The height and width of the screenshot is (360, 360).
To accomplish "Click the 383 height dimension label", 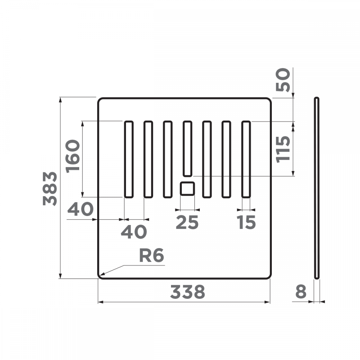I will tap(50, 188).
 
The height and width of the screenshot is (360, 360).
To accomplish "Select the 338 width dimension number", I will tap(187, 292).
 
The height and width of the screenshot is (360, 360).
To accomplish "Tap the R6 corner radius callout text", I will tap(151, 256).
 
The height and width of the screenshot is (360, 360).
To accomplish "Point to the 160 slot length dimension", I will tap(73, 157).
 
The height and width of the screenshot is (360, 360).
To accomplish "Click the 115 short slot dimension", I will tap(283, 149).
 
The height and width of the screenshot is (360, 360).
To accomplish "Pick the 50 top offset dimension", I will tap(283, 80).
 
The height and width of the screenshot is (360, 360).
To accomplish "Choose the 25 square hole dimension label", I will tap(187, 222).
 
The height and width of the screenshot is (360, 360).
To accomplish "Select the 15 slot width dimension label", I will tap(246, 222).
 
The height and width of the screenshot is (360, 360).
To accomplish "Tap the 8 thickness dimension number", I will tap(301, 292).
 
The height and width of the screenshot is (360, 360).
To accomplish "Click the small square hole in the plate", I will tap(187, 189).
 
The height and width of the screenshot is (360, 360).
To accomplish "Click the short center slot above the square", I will tap(187, 149).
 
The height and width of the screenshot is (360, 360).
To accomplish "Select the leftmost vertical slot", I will tap(129, 159).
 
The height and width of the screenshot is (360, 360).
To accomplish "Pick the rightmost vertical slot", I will tap(246, 159).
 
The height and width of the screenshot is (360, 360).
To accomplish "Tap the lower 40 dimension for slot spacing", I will tap(134, 232).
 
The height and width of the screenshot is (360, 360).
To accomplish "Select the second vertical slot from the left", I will tap(148, 159).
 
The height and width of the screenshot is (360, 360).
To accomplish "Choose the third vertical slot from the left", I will tap(167, 159).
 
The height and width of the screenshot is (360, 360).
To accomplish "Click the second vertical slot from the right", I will tap(226, 159).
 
